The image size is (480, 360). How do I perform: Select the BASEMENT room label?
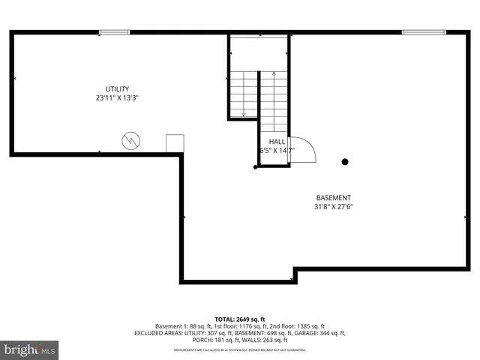(334, 197)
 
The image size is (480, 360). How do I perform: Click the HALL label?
(277, 141)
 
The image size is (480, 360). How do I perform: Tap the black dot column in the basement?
(345, 161)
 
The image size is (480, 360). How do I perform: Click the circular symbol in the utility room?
(130, 140)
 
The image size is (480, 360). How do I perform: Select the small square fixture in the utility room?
(175, 144)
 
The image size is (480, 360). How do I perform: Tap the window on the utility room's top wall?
(114, 32)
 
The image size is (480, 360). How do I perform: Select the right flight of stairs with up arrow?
(274, 101)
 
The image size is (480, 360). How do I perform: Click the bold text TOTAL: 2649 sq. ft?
(240, 319)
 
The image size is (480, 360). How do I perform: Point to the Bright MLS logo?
(29, 349)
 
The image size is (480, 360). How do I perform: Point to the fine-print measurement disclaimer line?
(240, 349)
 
